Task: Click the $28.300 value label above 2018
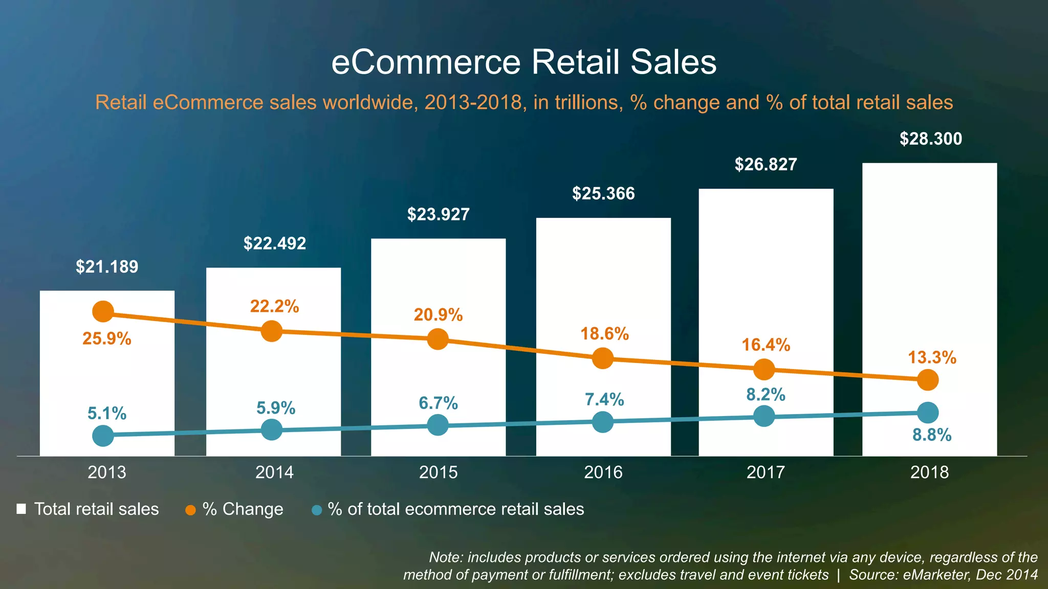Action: tap(930, 139)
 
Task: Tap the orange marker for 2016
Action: tap(603, 358)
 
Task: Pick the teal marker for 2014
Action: tap(272, 429)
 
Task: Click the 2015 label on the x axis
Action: tap(438, 472)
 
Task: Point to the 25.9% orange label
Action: tap(107, 338)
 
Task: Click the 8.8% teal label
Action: tap(932, 435)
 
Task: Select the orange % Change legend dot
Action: tap(190, 510)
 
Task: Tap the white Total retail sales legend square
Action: tap(21, 509)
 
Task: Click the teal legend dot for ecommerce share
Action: tap(317, 510)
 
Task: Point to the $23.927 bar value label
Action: tap(438, 214)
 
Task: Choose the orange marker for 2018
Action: tap(928, 380)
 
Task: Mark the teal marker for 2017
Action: tap(764, 416)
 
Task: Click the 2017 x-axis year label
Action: tap(766, 472)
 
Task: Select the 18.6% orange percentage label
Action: tap(604, 334)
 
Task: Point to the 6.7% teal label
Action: tap(438, 403)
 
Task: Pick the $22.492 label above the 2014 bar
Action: tap(275, 243)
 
